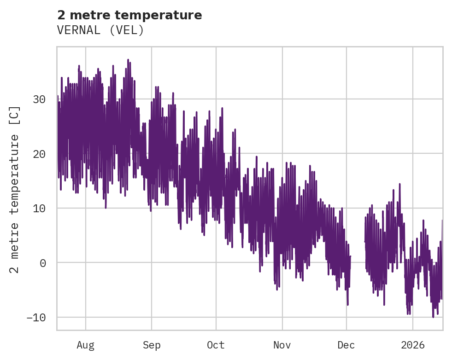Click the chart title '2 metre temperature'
click(129, 15)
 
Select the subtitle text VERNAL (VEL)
click(100, 30)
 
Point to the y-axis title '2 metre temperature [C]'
click(15, 189)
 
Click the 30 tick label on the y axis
click(39, 99)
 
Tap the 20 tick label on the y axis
click(39, 154)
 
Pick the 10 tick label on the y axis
click(39, 208)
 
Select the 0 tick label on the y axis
click(42, 263)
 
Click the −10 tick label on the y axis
click(36, 318)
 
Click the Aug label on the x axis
click(86, 345)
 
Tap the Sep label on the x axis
click(152, 345)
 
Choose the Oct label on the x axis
click(216, 345)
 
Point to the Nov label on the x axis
click(282, 345)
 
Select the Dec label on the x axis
click(346, 345)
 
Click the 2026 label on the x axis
click(412, 345)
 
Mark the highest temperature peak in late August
click(128, 60)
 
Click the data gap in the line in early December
click(358, 258)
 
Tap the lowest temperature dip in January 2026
click(433, 317)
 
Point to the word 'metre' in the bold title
click(91, 15)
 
